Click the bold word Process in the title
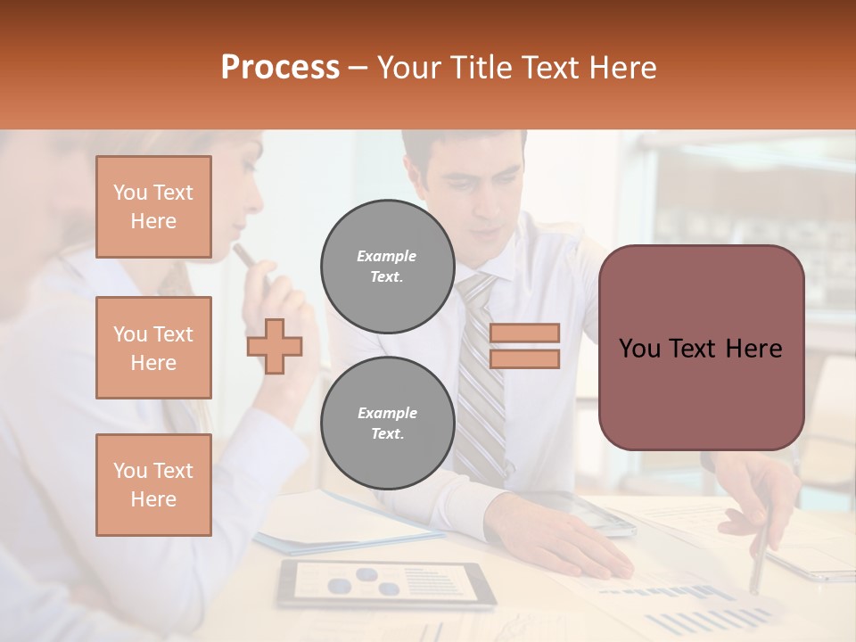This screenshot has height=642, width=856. [280, 68]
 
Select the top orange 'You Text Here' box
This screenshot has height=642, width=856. [153, 207]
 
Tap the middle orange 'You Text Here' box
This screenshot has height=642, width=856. [153, 348]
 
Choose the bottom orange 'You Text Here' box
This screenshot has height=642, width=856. [153, 485]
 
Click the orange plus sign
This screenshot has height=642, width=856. [275, 346]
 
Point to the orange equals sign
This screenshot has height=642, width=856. [524, 346]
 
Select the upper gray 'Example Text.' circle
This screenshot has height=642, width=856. [387, 266]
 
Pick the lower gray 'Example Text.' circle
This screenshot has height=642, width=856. [387, 423]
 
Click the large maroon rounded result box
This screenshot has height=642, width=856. [701, 348]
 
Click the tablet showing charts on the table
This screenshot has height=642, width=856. [385, 585]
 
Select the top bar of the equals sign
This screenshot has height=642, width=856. [524, 333]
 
